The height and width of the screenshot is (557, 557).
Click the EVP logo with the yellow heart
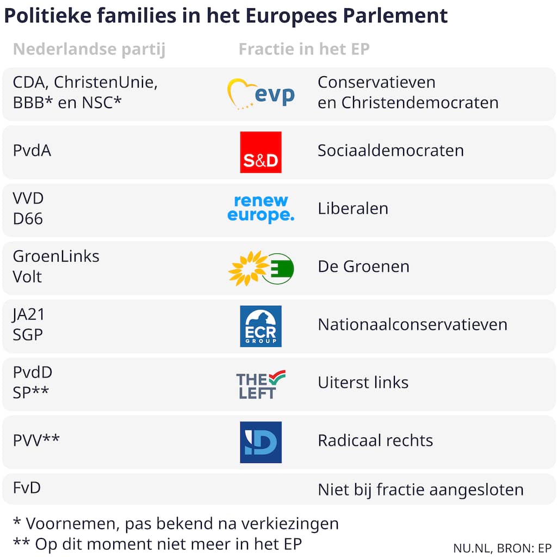coord(261,94)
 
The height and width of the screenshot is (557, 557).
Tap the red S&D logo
coord(261,152)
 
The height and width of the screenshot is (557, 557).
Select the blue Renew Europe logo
coord(261,209)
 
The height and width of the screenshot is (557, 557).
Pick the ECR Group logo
coord(261,326)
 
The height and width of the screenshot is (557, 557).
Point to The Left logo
coord(261,384)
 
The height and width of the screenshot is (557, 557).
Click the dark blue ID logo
coord(261,442)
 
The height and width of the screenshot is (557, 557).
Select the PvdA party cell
coord(32,151)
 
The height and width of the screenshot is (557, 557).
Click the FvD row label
coord(27,487)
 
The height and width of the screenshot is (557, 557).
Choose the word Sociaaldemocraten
coord(391,151)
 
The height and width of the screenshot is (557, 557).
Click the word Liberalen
coord(352,208)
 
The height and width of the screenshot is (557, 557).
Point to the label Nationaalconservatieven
coord(412,325)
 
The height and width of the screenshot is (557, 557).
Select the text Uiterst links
coord(363,382)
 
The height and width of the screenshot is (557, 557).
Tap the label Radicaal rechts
coord(375,440)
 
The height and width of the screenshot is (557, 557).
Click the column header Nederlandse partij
coord(89,49)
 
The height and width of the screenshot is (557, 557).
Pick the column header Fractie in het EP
coord(304,49)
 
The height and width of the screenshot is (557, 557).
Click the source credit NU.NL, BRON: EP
coord(502,548)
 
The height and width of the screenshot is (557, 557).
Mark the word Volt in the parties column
coord(27,277)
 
